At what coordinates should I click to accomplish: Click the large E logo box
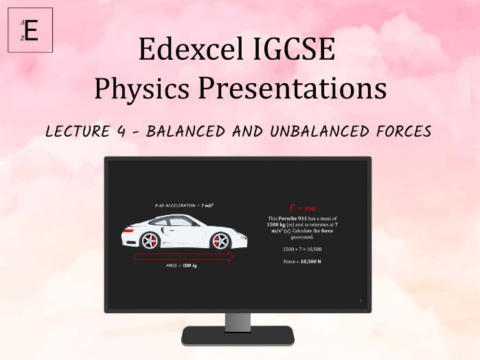[x=30, y=30]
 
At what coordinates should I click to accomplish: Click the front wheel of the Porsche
[x=220, y=241]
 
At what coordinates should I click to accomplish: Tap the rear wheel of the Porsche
[x=149, y=241]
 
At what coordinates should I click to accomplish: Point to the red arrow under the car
[x=184, y=257]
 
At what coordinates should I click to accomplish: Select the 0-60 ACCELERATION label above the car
[x=184, y=205]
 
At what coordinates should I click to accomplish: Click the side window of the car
[x=176, y=223]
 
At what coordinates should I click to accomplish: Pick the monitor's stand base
[x=238, y=336]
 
